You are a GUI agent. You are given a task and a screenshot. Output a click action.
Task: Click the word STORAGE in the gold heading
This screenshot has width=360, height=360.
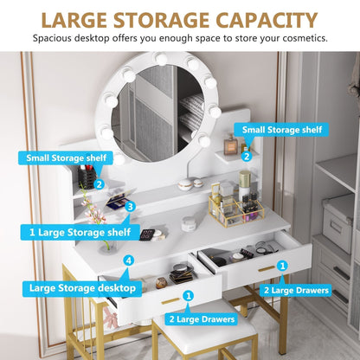point(161,21)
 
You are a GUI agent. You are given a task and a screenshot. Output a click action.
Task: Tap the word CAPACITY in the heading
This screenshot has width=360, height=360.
point(267,21)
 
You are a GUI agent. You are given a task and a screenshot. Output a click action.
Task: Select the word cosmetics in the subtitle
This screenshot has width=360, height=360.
point(305,38)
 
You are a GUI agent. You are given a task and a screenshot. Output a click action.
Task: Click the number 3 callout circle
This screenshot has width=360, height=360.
point(131,207)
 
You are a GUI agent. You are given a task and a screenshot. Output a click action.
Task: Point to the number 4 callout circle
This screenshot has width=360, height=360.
point(129,260)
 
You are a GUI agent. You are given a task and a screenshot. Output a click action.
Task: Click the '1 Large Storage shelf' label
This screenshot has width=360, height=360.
point(80,232)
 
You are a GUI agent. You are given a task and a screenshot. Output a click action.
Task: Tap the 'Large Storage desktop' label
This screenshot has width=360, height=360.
point(82,288)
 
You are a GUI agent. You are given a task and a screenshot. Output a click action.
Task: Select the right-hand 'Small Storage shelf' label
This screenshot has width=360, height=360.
point(282,130)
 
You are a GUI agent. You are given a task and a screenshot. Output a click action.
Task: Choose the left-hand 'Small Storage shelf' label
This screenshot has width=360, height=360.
point(66,158)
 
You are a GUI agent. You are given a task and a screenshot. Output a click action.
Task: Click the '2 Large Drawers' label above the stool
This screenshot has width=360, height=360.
point(202,319)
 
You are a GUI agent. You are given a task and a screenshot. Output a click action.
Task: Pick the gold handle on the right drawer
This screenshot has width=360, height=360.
point(267,269)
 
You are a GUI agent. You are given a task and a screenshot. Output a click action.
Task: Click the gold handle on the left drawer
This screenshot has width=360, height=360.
point(170,301)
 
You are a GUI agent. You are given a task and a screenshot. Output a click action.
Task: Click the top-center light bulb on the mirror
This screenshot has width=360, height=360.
point(160,58)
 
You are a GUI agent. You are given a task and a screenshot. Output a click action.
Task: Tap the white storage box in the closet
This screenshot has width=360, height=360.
point(337,222)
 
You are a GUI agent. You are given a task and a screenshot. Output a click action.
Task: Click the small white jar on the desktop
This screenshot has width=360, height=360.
point(189,224)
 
